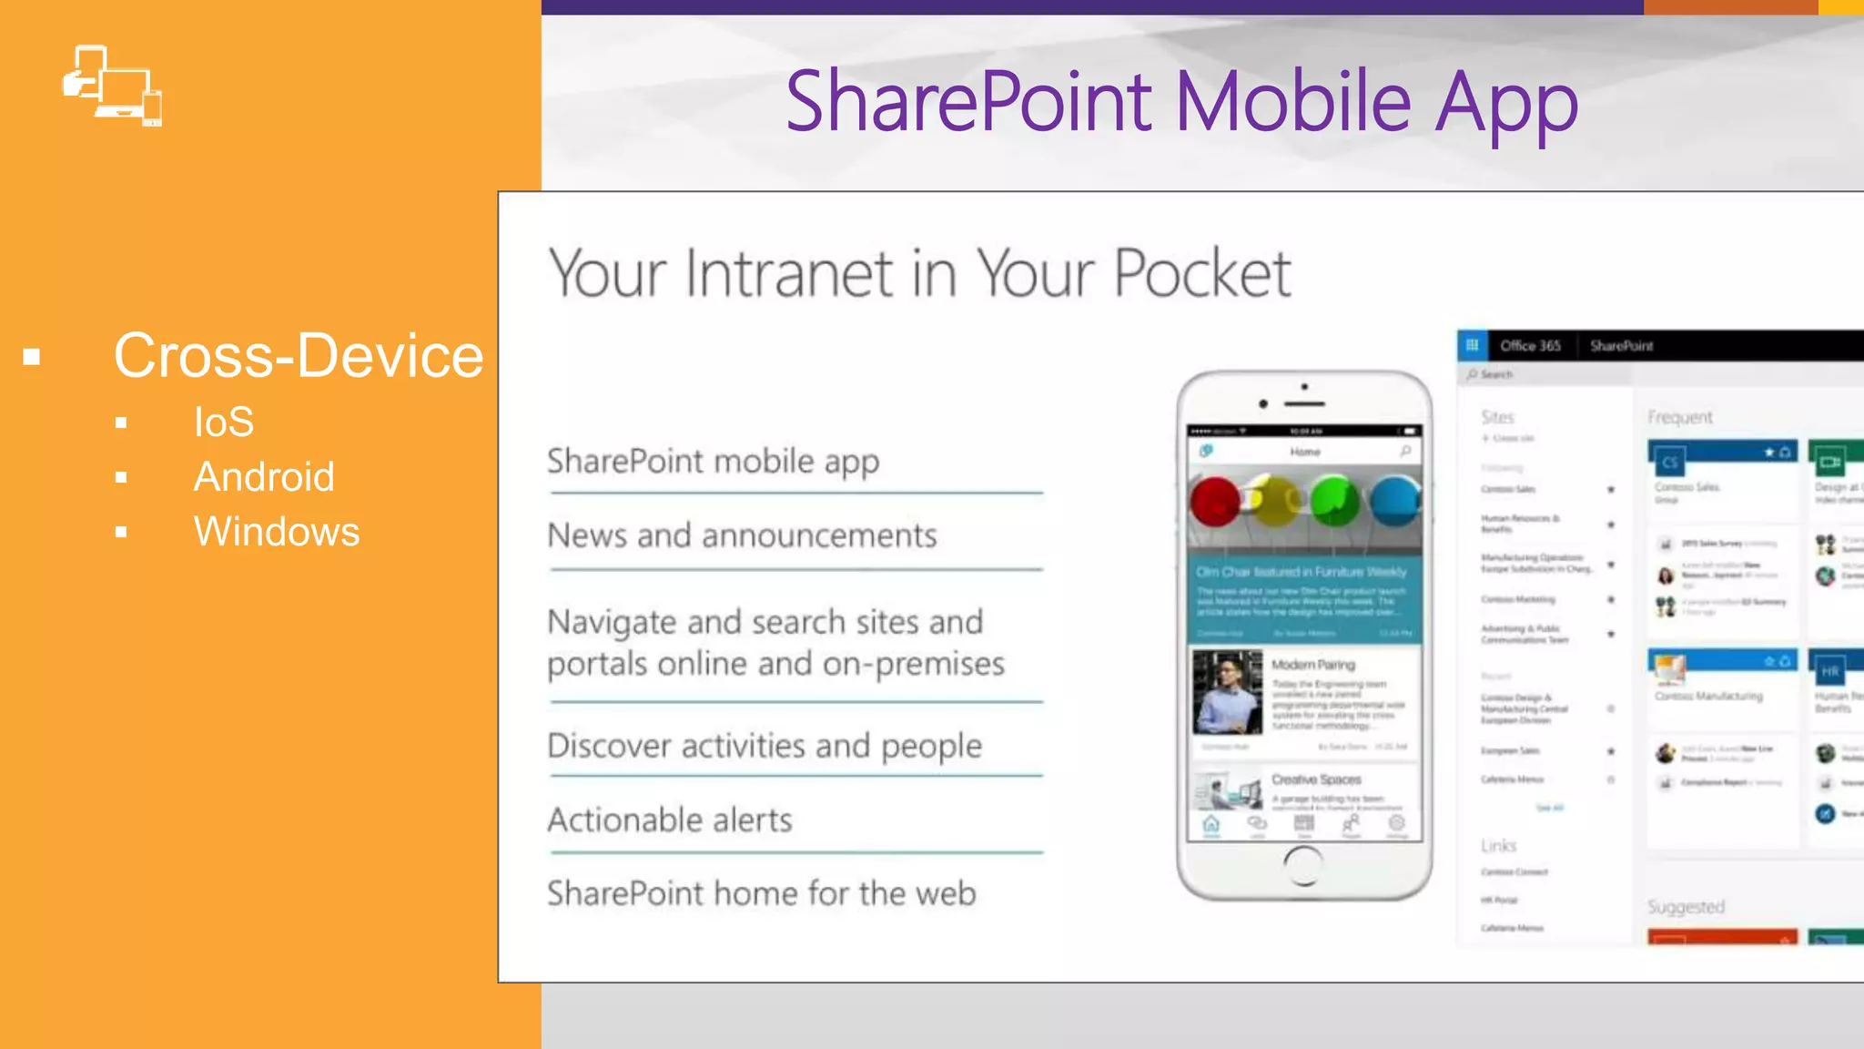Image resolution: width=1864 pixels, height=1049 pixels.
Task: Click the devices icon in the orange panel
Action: (x=112, y=86)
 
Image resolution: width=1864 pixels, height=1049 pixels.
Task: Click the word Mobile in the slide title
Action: (x=1293, y=101)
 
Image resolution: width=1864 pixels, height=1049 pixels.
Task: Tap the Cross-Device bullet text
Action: (x=298, y=355)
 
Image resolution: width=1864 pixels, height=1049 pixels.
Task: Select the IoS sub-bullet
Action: (x=223, y=422)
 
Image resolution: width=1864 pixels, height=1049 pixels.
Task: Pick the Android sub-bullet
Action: (x=264, y=476)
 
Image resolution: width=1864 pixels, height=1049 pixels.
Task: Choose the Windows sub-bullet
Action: (x=277, y=532)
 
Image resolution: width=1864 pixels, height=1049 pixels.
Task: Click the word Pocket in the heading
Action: (x=1201, y=272)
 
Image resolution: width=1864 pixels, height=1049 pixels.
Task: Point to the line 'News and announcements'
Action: (x=742, y=535)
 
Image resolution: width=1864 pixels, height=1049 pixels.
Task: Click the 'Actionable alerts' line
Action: (x=670, y=820)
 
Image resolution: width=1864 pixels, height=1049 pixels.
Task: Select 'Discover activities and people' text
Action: (x=765, y=746)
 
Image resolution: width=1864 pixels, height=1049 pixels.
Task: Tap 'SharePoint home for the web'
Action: (x=761, y=893)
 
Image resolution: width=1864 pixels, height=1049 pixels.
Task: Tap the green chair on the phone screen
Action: (x=1334, y=501)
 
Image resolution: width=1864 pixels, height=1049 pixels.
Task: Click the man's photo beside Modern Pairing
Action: (x=1227, y=691)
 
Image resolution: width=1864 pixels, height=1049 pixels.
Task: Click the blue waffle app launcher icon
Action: (x=1472, y=345)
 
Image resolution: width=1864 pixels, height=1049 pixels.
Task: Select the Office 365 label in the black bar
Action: (x=1530, y=346)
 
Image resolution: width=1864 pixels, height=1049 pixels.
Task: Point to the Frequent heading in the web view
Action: (x=1679, y=417)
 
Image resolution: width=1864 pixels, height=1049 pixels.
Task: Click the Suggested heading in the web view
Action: (x=1686, y=907)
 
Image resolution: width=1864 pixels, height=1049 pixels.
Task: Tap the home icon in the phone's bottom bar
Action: (x=1211, y=824)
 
